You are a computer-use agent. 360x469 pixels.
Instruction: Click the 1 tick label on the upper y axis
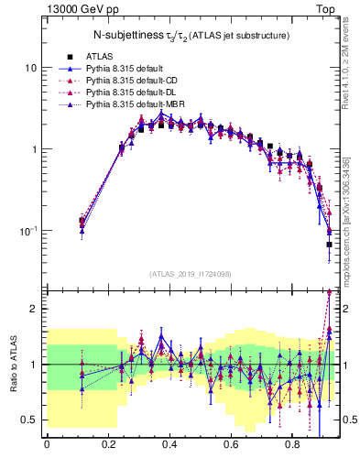34,149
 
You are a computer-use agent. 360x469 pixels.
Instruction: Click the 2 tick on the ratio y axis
34,309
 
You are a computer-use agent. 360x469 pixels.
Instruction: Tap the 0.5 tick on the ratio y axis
30,420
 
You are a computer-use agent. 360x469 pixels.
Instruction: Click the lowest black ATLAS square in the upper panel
329,245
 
